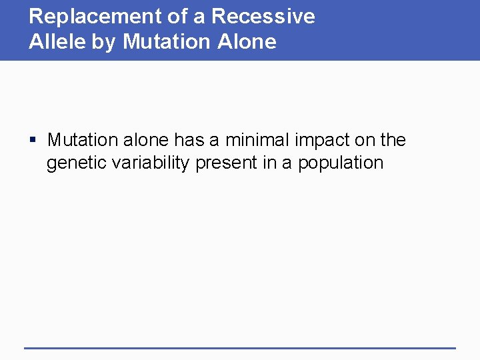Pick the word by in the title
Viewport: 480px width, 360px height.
[109, 42]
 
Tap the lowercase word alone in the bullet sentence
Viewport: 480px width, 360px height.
[146, 140]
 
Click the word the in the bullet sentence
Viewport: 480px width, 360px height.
[392, 140]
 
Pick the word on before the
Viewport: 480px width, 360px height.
[366, 140]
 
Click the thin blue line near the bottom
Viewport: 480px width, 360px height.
[240, 347]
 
